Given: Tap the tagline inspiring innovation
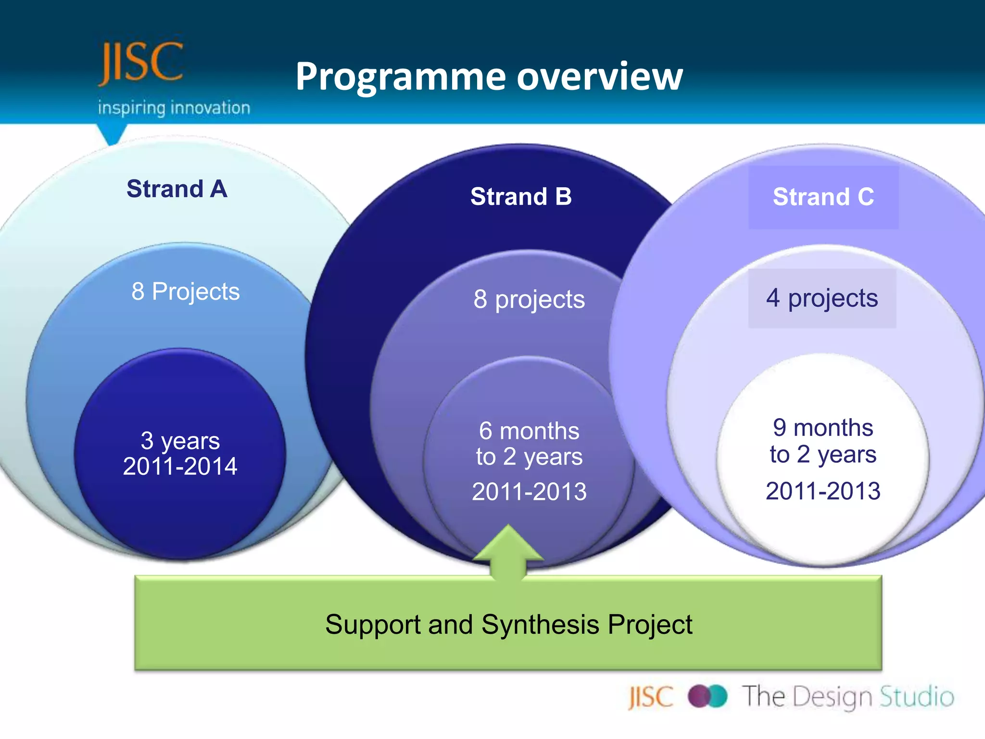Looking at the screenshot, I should [174, 108].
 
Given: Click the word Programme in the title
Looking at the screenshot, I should [400, 77].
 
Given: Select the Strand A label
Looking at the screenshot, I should [177, 189].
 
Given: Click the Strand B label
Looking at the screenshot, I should [521, 196].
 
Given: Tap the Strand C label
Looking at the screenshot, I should [823, 197].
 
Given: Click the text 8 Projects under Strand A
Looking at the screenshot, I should [186, 292].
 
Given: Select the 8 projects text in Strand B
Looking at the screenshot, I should [529, 299].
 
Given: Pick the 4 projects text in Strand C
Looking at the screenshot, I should [822, 298].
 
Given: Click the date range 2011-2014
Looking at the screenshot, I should [180, 466].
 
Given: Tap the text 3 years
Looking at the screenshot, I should [180, 440].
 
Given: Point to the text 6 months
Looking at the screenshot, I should [529, 431].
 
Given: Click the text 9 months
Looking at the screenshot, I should [823, 427].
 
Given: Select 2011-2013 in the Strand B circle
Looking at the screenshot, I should [529, 492].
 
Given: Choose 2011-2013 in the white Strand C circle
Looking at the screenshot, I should [823, 491].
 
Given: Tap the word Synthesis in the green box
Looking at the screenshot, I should [541, 624].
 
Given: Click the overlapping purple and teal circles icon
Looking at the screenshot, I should [707, 696].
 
